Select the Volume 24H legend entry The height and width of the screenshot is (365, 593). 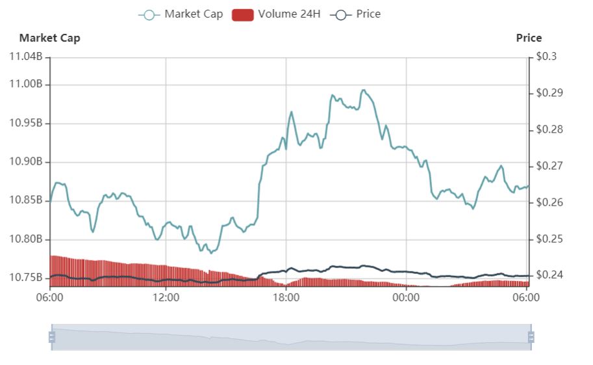coord(276,14)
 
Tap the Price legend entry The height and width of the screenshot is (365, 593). coord(355,14)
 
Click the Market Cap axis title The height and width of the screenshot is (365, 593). coord(49,38)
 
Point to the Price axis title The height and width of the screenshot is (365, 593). coord(529,38)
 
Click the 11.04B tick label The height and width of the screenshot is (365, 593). coord(26,57)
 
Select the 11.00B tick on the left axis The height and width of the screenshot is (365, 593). coord(26,84)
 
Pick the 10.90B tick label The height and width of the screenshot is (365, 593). coord(26,162)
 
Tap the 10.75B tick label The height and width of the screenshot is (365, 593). coord(26,278)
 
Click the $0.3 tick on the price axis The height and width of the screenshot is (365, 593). coord(547,57)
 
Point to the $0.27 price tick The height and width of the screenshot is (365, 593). coord(549,166)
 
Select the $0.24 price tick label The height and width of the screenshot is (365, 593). coord(549,275)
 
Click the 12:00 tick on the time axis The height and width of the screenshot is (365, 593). coord(166,298)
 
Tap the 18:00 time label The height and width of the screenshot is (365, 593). coord(286,298)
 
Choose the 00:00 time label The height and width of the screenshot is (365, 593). coord(406,298)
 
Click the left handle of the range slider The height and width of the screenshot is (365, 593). coord(52,336)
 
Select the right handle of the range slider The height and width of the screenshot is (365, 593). coord(531,336)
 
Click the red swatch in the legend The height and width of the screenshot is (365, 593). coord(242,14)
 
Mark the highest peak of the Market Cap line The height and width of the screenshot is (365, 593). coord(363,90)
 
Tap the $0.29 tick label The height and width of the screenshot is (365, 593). coord(549,93)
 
